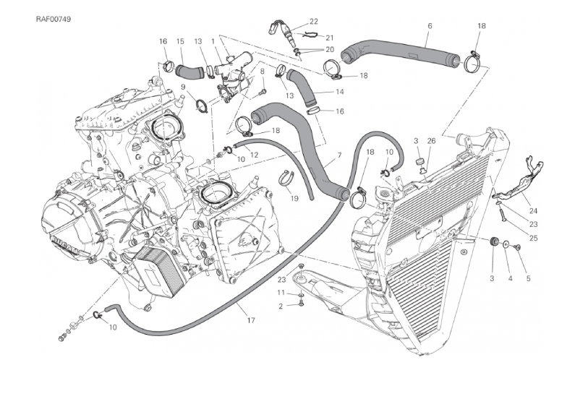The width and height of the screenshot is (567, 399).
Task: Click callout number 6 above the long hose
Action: pyautogui.click(x=430, y=26)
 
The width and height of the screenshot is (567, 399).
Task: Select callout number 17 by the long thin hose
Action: pyautogui.click(x=250, y=320)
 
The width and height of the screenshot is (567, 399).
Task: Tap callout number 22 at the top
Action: pyautogui.click(x=313, y=21)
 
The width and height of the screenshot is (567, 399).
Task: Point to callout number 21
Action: pyautogui.click(x=329, y=37)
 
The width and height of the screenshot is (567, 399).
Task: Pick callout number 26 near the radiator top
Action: pyautogui.click(x=431, y=140)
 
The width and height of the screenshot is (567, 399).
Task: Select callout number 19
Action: pyautogui.click(x=294, y=198)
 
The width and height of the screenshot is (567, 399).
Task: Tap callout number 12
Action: pyautogui.click(x=254, y=155)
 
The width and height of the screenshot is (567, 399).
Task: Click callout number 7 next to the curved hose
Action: pyautogui.click(x=338, y=157)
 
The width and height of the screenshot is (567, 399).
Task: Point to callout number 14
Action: pyautogui.click(x=339, y=92)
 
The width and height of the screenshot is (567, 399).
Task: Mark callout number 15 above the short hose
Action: pyautogui.click(x=180, y=42)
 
